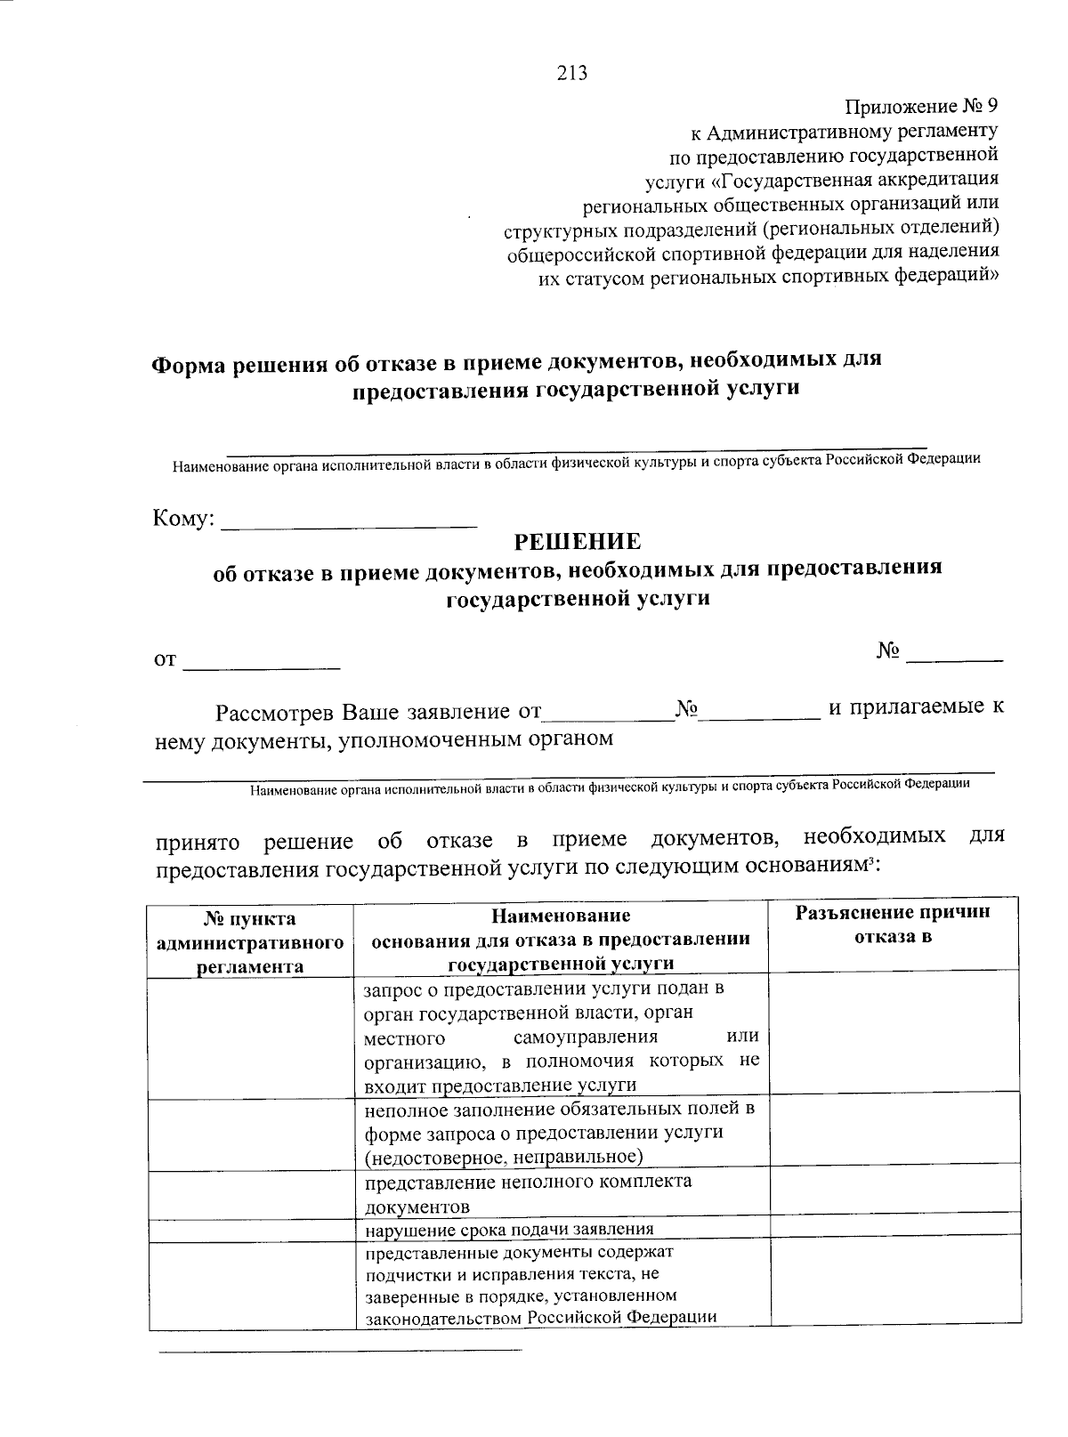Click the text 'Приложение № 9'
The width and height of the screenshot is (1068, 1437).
coord(921,106)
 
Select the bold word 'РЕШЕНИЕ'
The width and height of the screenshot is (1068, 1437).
coord(578,541)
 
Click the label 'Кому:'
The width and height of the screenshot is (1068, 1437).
coord(184,519)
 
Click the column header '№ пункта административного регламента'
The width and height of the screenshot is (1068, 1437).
coord(250,941)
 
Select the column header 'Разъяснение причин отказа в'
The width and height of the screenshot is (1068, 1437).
coord(893,924)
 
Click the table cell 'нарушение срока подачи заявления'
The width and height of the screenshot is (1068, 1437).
coord(510,1230)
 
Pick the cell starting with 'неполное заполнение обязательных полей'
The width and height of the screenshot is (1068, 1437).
coord(560,1133)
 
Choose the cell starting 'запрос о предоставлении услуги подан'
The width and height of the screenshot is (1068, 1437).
coord(562,1037)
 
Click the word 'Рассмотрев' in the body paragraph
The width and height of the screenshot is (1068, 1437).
coord(275,713)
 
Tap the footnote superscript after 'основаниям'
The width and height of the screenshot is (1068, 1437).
coord(872,860)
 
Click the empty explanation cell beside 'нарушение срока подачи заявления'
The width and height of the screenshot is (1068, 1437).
coord(894,1230)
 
